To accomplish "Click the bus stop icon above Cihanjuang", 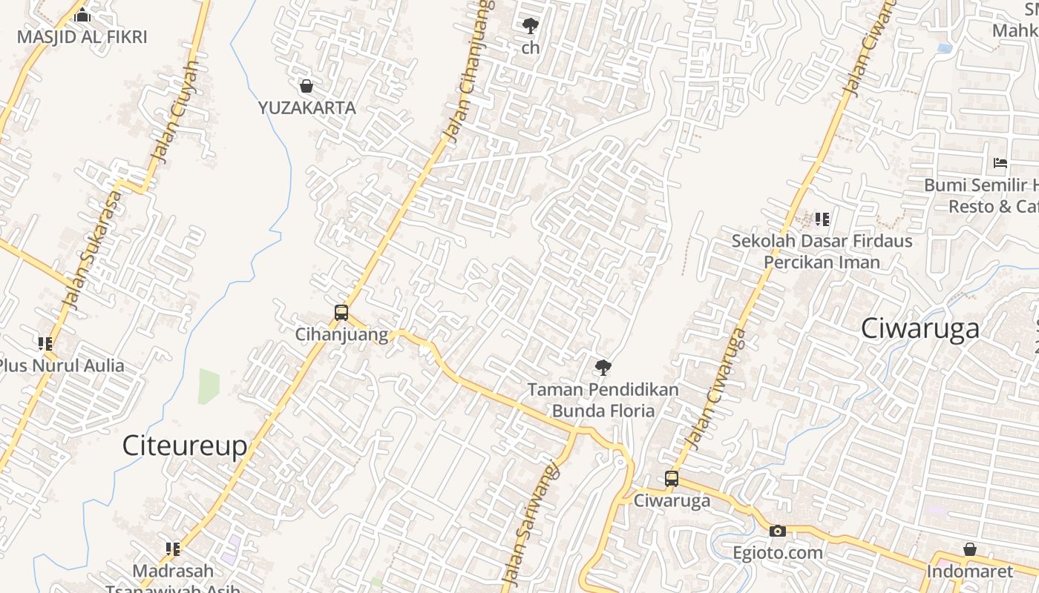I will pos(341,313).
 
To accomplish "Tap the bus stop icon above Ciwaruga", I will pos(672,479).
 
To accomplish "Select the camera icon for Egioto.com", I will pos(778,531).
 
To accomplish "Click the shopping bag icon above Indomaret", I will pos(969,549).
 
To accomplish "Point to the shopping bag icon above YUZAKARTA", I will pos(307,86).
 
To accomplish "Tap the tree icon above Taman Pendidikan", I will pos(603,366).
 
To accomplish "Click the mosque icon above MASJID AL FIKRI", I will pos(82,15).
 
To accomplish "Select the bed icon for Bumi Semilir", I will pos(1000,162).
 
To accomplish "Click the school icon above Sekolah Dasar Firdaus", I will pos(822,219).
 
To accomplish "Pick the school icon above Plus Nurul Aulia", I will pos(45,343).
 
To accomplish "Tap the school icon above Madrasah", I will pos(173,549).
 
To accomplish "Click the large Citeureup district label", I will pos(184,445).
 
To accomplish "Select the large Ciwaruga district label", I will pos(920,328).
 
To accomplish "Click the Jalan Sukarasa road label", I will pos(92,251).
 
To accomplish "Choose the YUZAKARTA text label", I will pos(307,107).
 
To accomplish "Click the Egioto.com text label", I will pos(778,552).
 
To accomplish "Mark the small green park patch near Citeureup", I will pos(209,385).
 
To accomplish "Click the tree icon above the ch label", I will pos(530,27).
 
